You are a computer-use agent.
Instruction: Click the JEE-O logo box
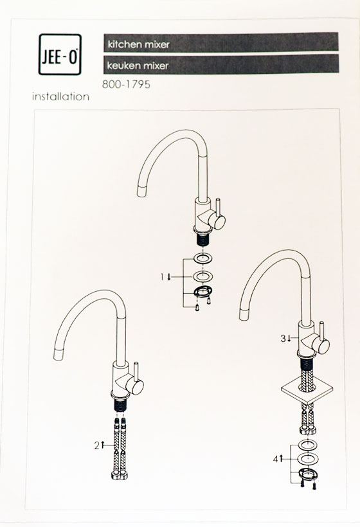pyautogui.click(x=60, y=55)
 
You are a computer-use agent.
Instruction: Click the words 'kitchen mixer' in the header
pyautogui.click(x=138, y=44)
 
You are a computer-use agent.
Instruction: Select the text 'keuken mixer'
pyautogui.click(x=138, y=65)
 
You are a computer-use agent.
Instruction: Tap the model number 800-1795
pyautogui.click(x=126, y=84)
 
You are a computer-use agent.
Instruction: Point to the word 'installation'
pyautogui.click(x=61, y=97)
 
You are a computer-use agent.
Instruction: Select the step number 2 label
pyautogui.click(x=100, y=445)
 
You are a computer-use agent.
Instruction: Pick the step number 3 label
pyautogui.click(x=285, y=339)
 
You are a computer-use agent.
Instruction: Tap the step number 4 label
pyautogui.click(x=278, y=459)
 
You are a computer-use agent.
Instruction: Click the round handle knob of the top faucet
pyautogui.click(x=217, y=222)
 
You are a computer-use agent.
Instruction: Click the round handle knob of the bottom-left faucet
pyautogui.click(x=136, y=387)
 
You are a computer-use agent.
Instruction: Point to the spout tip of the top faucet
pyautogui.click(x=143, y=192)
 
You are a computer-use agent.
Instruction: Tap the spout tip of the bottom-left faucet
pyautogui.click(x=59, y=354)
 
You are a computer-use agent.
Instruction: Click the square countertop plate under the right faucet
pyautogui.click(x=307, y=389)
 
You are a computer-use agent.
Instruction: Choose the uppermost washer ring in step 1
pyautogui.click(x=203, y=260)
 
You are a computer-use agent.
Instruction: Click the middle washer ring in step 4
pyautogui.click(x=308, y=458)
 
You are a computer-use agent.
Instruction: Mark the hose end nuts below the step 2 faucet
pyautogui.click(x=120, y=475)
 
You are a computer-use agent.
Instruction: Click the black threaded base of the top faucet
pyautogui.click(x=203, y=240)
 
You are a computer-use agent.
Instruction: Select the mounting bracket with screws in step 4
pyautogui.click(x=307, y=478)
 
